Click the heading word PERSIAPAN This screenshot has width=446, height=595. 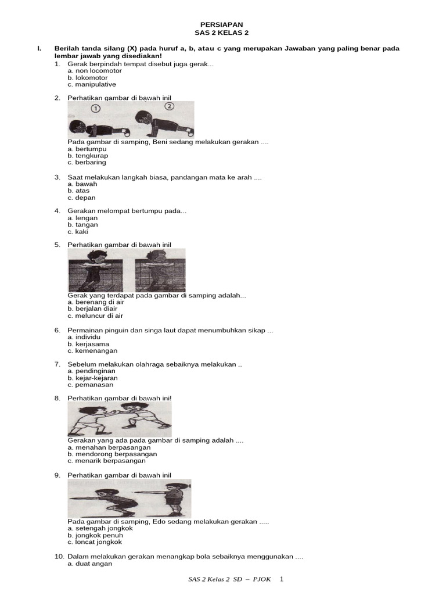[x=222, y=25]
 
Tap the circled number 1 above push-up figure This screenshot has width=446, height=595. [x=96, y=108]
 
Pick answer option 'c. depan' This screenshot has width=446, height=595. [x=81, y=198]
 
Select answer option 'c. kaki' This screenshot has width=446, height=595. [x=78, y=231]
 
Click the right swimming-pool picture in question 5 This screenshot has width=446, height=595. [x=160, y=271]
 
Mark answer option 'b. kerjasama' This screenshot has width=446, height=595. [x=88, y=344]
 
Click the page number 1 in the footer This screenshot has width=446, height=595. [x=282, y=579]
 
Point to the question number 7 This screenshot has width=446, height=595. [x=57, y=364]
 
